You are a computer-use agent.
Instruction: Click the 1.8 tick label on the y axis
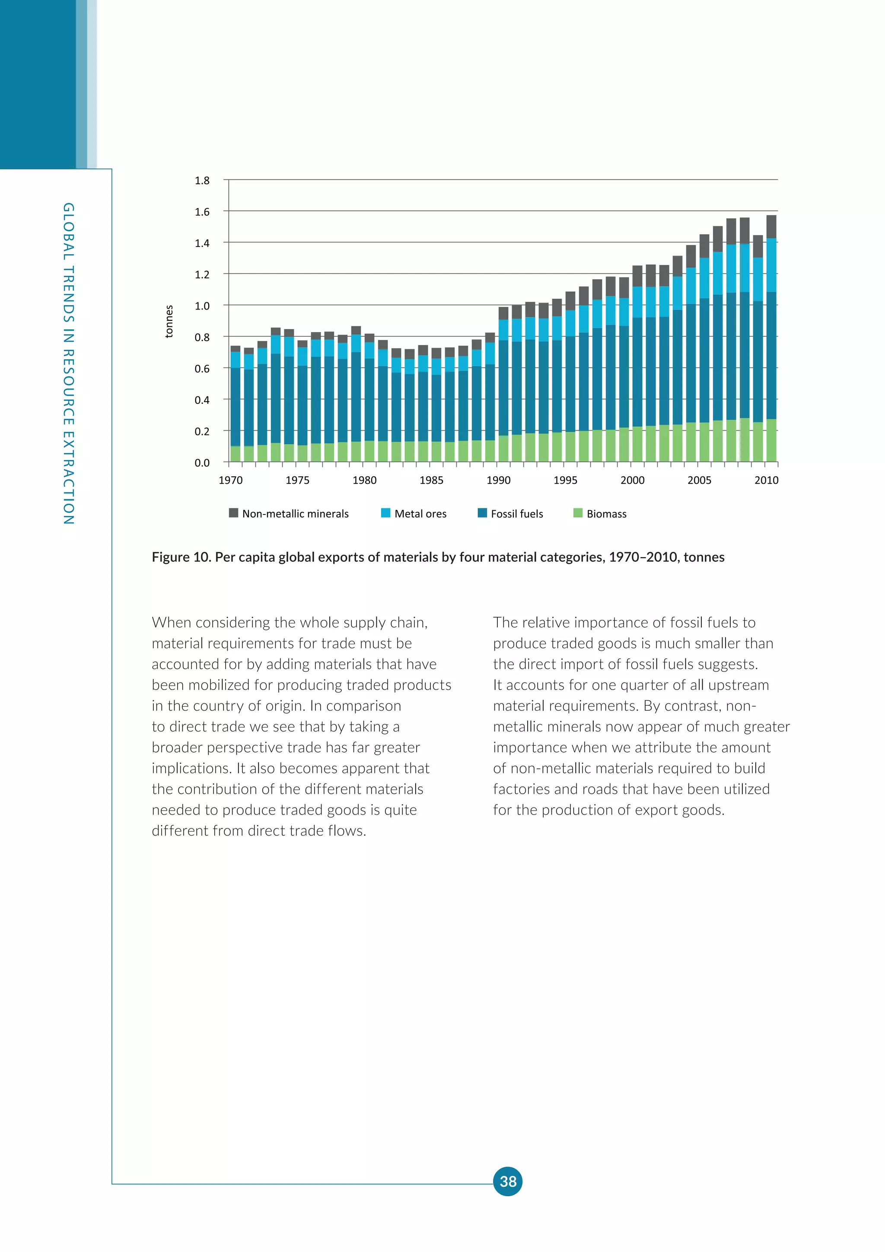point(202,180)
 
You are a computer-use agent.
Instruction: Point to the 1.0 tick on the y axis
point(202,306)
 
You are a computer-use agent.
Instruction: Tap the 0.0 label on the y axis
point(202,463)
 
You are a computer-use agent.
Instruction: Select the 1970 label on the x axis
point(230,480)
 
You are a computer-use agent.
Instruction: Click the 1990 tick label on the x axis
point(498,480)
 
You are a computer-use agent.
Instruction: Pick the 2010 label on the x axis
point(766,480)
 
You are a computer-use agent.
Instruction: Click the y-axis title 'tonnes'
point(169,321)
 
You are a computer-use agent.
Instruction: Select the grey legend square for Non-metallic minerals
point(233,513)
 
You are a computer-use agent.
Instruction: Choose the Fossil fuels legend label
point(517,514)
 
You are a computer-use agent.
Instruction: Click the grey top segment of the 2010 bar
point(771,226)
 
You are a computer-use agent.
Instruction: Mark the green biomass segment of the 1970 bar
point(236,454)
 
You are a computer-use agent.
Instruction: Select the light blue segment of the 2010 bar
point(771,265)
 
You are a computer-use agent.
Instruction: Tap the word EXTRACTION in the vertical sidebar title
point(69,478)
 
